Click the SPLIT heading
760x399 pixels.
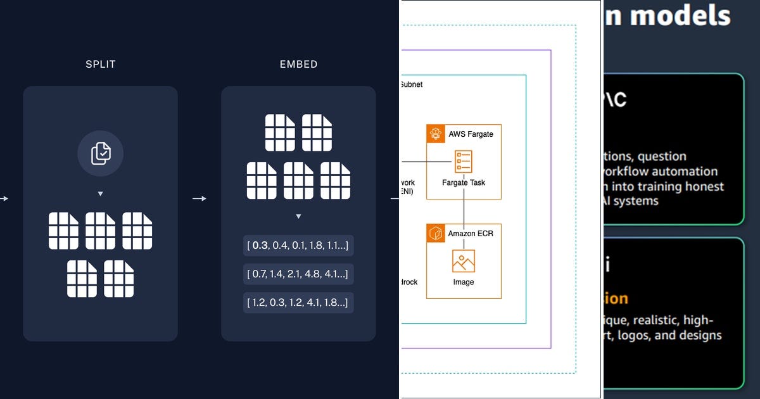(x=100, y=65)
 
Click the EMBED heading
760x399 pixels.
(x=298, y=65)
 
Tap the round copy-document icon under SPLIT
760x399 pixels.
(x=100, y=153)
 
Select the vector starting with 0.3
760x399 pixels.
(x=298, y=245)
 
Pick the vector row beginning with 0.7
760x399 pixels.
(x=298, y=274)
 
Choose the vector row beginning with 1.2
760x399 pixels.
(x=298, y=303)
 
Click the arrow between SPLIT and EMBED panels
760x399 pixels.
(x=199, y=199)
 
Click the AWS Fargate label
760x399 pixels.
(x=471, y=134)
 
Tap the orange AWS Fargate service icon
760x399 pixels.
(x=436, y=134)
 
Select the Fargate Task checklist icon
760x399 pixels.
(x=464, y=161)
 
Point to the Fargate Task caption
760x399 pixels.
(x=464, y=183)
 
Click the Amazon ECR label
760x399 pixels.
(x=471, y=233)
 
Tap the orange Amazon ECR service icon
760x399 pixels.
(x=436, y=233)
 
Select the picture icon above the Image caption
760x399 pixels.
(x=464, y=261)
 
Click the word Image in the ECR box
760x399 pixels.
(x=464, y=282)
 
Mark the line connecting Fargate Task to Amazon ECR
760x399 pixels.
(x=464, y=211)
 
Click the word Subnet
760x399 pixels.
(x=411, y=84)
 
